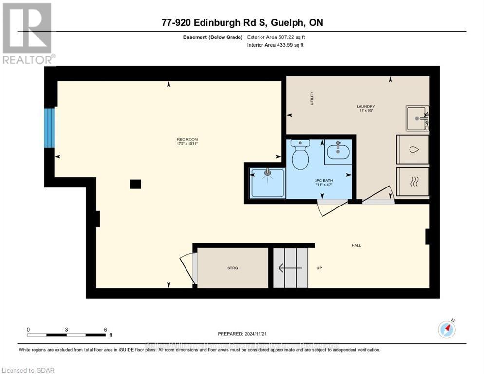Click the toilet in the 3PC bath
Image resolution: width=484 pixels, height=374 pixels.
[300, 155]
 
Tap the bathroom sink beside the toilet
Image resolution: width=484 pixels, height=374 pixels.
[337, 152]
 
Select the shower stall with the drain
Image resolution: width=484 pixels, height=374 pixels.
[267, 183]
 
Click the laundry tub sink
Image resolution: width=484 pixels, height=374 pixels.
[417, 119]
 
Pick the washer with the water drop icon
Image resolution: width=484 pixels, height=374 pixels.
[413, 150]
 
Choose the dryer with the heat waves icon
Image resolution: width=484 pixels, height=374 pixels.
[413, 182]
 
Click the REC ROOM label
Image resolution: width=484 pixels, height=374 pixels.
[187, 141]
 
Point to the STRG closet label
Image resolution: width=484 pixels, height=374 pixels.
[232, 268]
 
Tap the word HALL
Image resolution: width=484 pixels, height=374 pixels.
[356, 245]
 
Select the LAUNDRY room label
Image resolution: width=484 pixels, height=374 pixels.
[366, 106]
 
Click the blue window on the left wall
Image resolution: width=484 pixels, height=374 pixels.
[49, 128]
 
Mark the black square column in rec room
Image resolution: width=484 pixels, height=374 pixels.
[135, 184]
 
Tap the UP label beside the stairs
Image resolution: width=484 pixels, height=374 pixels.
[320, 268]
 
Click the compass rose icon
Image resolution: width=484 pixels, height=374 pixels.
[447, 330]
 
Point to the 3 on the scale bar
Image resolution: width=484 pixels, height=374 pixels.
[66, 330]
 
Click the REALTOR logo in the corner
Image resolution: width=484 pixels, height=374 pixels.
[27, 34]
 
